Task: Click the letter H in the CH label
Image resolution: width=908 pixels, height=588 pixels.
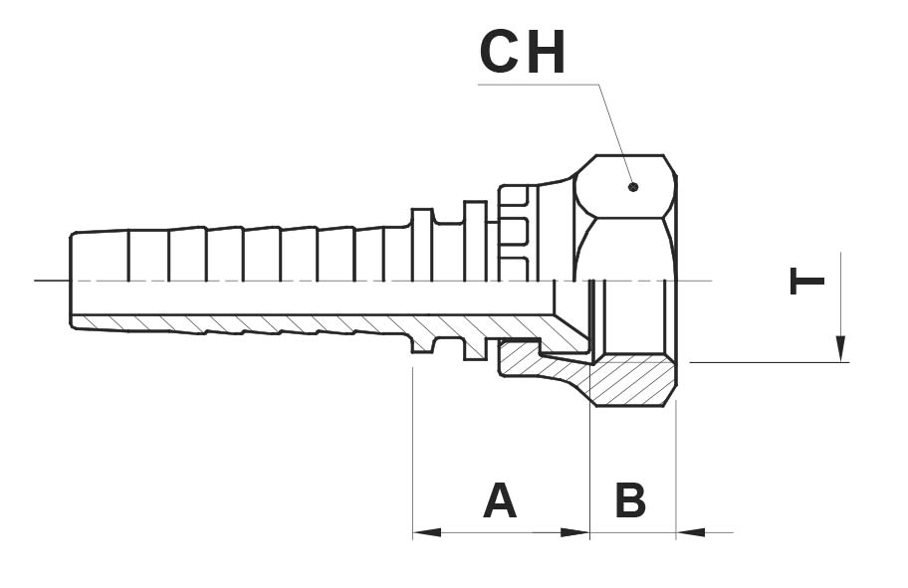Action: coord(546,53)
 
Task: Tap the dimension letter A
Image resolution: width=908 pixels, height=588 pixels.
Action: coord(500,500)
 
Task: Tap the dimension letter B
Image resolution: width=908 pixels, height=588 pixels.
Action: coord(630,500)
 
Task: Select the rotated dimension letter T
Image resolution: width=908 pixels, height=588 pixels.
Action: coord(806,282)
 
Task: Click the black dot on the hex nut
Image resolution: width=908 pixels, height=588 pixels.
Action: coord(633,186)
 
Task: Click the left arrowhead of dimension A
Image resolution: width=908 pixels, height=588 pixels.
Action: coord(426,532)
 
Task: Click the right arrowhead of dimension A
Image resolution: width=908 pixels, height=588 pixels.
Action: coord(575,532)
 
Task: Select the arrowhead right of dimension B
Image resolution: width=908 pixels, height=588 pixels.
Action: coord(690,532)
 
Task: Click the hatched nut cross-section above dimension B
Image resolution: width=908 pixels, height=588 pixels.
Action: coord(632,381)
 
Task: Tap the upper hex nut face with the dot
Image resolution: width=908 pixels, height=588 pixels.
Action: coord(625,186)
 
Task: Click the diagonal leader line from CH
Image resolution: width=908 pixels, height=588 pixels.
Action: coord(615,135)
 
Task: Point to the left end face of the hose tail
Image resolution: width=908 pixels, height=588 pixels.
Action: coord(71,281)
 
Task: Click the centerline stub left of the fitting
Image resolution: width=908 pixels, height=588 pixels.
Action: coord(52,281)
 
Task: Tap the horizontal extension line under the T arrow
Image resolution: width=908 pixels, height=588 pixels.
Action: coord(770,363)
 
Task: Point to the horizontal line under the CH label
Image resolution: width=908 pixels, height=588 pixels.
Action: coord(538,86)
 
